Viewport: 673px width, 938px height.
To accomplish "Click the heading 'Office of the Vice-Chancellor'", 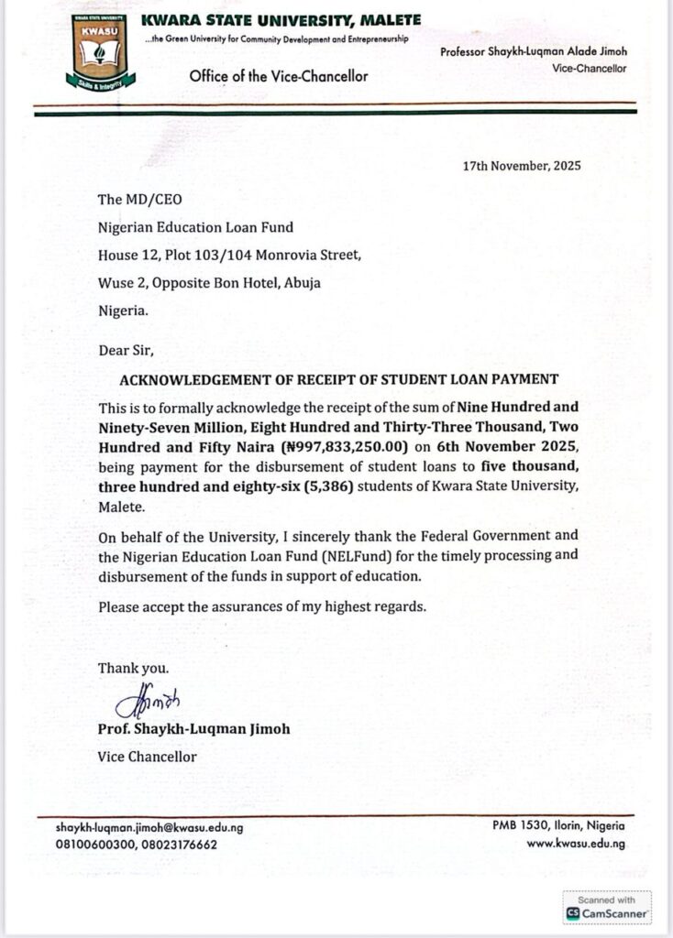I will pos(279,76).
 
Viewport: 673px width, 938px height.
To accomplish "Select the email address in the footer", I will pos(149,828).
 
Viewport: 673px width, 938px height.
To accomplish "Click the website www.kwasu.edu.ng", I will pos(576,843).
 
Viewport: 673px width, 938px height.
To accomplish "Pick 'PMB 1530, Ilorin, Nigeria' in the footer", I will pos(558,826).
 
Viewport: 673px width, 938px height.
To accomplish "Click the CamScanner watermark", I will pos(607,907).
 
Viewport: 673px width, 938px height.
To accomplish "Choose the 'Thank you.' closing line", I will pos(134,669).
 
